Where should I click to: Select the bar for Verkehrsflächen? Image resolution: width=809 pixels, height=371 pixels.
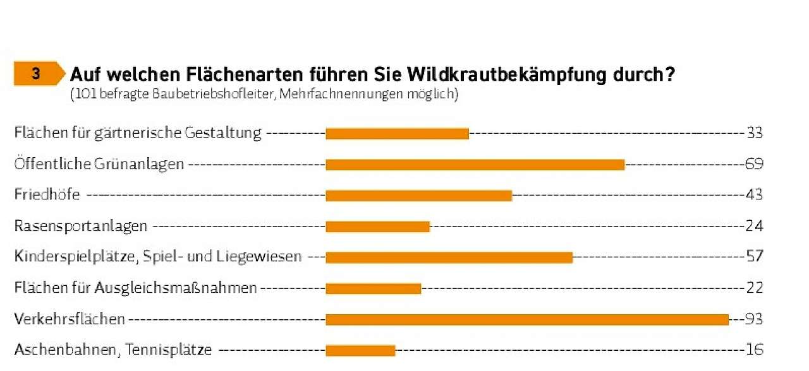527,320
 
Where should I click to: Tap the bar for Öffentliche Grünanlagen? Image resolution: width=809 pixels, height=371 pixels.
475,165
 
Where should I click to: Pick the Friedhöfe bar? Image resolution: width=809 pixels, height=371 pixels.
418,196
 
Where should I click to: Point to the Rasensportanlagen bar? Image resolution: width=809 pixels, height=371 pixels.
377,227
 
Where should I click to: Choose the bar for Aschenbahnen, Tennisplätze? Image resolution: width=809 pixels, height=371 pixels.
360,350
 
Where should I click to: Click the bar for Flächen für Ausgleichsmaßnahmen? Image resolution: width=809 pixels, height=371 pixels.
373,288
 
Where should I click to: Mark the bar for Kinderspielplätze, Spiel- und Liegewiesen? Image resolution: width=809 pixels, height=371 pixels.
449,257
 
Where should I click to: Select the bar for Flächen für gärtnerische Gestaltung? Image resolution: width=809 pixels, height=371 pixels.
397,134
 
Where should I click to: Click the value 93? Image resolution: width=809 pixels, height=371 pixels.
754,319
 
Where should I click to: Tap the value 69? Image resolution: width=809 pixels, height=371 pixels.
754,164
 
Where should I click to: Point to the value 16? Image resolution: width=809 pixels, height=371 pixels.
754,350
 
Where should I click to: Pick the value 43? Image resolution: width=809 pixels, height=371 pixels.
754,195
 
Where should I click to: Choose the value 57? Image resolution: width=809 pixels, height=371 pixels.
754,257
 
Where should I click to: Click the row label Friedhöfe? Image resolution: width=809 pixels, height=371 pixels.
47,195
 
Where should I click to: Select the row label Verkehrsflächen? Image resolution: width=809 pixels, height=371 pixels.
70,319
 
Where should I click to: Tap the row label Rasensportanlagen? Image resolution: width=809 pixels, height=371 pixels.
81,226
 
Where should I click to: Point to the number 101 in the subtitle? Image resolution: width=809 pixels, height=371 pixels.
85,95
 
